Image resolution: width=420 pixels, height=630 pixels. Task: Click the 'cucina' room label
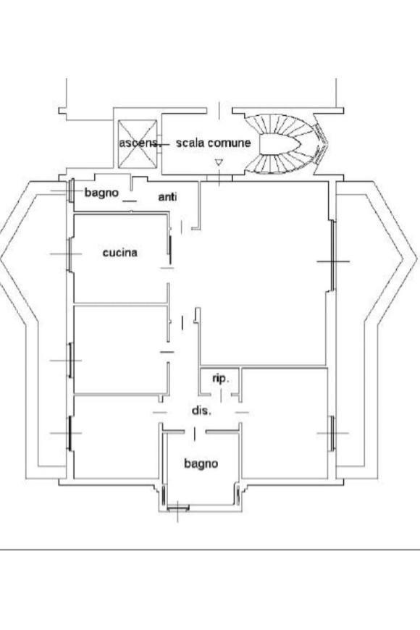pyautogui.click(x=119, y=253)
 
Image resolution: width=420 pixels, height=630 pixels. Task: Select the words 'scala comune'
pyautogui.click(x=214, y=143)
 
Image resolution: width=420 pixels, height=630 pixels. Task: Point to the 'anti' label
pyautogui.click(x=167, y=197)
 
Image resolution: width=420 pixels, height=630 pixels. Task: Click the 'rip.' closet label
pyautogui.click(x=221, y=379)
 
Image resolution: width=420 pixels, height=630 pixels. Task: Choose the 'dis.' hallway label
pyautogui.click(x=201, y=411)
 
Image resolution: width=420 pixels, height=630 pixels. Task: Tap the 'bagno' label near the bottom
pyautogui.click(x=201, y=463)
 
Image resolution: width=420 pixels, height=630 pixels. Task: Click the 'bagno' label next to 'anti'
pyautogui.click(x=101, y=193)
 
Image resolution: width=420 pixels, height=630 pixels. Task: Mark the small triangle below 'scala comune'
pyautogui.click(x=219, y=162)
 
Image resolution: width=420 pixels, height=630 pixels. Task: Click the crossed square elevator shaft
pyautogui.click(x=138, y=144)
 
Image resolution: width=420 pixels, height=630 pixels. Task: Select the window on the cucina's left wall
pyautogui.click(x=70, y=254)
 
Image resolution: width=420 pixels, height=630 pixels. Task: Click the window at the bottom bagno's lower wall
pyautogui.click(x=177, y=508)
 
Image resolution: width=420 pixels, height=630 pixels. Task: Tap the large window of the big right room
pyautogui.click(x=333, y=261)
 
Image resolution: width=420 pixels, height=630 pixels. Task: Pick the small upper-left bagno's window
pyautogui.click(x=71, y=190)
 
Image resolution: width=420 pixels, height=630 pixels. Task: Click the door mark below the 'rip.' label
pyautogui.click(x=221, y=396)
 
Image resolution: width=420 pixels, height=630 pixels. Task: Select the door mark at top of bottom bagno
pyautogui.click(x=195, y=434)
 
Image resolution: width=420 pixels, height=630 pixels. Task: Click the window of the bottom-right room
pyautogui.click(x=332, y=433)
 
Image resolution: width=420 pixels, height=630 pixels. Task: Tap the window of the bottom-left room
pyautogui.click(x=70, y=433)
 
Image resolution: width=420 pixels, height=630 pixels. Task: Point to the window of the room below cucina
pyautogui.click(x=70, y=361)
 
